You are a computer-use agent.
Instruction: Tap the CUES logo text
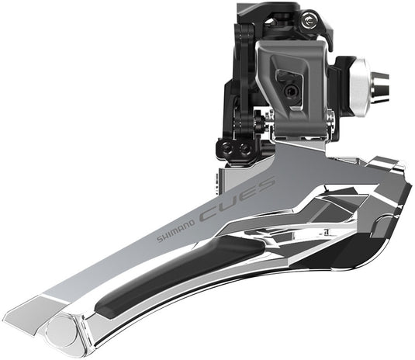click(x=237, y=198)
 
